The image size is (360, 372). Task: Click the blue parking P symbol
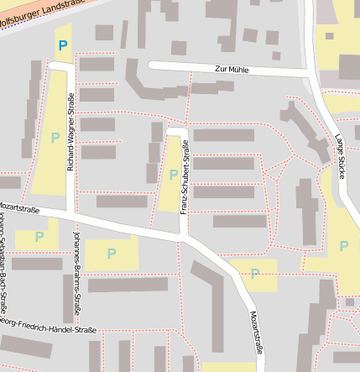[61, 45]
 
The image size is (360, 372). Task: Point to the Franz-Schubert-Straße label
[185, 177]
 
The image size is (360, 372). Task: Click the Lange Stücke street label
[339, 156]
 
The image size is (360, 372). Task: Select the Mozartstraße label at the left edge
[20, 204]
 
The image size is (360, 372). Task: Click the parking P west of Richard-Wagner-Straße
[55, 137]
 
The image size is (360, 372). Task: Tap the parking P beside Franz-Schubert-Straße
[173, 175]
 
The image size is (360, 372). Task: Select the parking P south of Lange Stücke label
[343, 246]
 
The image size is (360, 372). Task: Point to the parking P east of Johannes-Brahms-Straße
[111, 253]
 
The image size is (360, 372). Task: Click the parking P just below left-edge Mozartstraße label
[39, 237]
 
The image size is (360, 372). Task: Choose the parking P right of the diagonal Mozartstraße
[254, 274]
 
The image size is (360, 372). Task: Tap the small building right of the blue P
[103, 33]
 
